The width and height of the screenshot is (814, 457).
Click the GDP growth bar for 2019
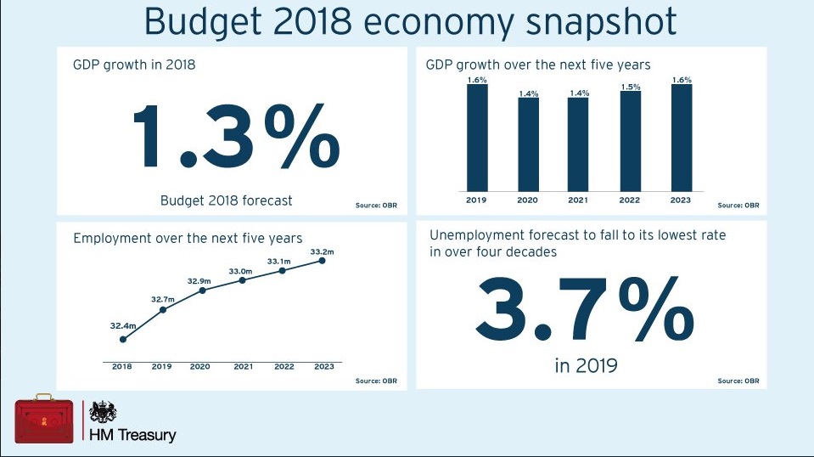[x=477, y=138]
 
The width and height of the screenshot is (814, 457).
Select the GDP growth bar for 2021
[x=579, y=144]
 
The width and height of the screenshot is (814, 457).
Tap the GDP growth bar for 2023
[x=681, y=138]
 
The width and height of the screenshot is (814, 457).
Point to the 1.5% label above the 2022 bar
[x=631, y=87]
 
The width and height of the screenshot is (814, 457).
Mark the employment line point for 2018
[x=123, y=339]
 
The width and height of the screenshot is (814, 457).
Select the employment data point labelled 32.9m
[x=202, y=291]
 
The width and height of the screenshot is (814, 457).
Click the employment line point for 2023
[x=323, y=261]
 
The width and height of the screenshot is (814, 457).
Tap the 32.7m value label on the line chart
[x=163, y=299]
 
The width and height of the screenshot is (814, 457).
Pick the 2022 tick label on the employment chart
[x=283, y=367]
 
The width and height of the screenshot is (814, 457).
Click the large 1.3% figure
[x=235, y=137]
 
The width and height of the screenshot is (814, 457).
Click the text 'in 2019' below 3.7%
[x=586, y=366]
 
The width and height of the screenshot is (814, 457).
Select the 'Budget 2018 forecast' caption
[x=226, y=200]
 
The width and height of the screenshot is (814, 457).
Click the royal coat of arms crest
[x=103, y=412]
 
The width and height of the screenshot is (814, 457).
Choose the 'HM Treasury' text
[x=133, y=435]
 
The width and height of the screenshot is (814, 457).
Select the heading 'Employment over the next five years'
[x=188, y=238]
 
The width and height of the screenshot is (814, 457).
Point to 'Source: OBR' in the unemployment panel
[x=738, y=381]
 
